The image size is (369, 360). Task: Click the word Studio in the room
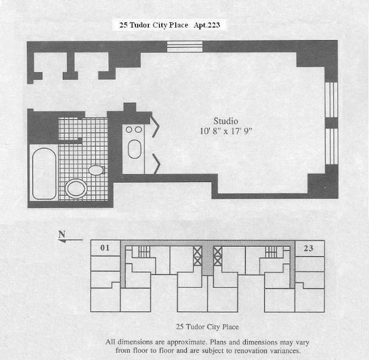click(x=225, y=121)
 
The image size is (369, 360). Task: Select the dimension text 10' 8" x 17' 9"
click(x=225, y=132)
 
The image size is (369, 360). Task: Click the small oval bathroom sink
click(x=96, y=169)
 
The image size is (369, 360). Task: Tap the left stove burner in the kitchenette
click(x=129, y=130)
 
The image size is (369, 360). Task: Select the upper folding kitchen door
click(x=156, y=126)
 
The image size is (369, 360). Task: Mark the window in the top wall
click(x=184, y=46)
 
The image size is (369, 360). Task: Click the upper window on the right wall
click(x=331, y=101)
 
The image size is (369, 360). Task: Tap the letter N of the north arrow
click(x=61, y=234)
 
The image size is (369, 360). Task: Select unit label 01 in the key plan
click(x=105, y=249)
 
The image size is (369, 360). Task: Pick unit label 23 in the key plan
click(x=308, y=249)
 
